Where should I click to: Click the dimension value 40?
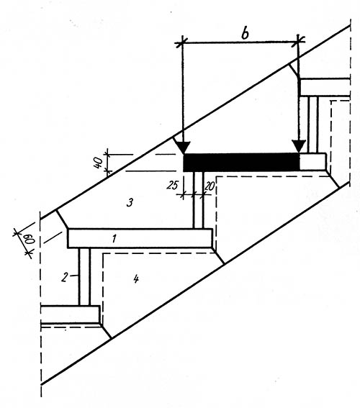click(x=98, y=163)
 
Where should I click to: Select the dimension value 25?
click(x=172, y=185)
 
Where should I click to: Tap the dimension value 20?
click(x=210, y=186)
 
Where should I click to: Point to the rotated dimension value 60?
click(x=30, y=240)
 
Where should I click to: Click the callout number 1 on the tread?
click(x=114, y=238)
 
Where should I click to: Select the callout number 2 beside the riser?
click(x=65, y=277)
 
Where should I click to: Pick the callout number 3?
click(x=130, y=202)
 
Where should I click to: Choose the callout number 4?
click(x=136, y=279)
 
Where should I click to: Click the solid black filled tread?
click(x=241, y=163)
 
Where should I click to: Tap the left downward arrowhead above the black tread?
click(x=184, y=148)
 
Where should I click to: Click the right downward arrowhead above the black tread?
click(x=299, y=147)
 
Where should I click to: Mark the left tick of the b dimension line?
click(x=182, y=42)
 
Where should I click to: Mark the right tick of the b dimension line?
click(x=298, y=41)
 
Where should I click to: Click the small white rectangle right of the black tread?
click(x=312, y=162)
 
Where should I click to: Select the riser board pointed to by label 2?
click(x=84, y=276)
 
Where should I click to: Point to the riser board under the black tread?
click(x=198, y=200)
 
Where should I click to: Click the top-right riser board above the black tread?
click(x=312, y=124)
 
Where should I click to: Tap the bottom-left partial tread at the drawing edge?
click(x=71, y=315)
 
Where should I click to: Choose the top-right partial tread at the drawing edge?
click(x=325, y=87)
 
